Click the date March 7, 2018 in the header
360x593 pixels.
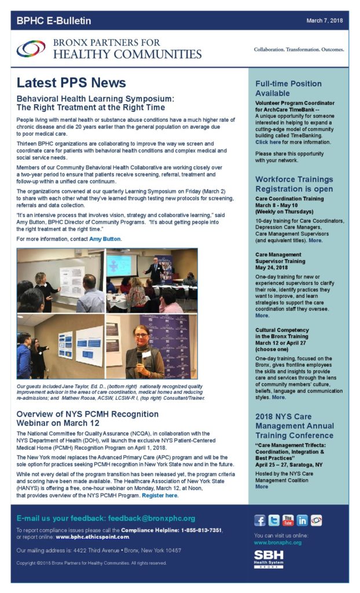pyautogui.click(x=325, y=21)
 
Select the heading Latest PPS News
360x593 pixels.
pyautogui.click(x=71, y=83)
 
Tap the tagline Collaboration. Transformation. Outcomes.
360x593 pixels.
pyautogui.click(x=299, y=49)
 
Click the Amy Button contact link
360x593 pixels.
pyautogui.click(x=105, y=239)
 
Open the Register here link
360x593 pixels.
pyautogui.click(x=159, y=496)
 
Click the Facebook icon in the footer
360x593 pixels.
pyautogui.click(x=260, y=520)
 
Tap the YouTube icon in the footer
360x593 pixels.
pyautogui.click(x=288, y=520)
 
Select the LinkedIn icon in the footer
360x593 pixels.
pyautogui.click(x=302, y=520)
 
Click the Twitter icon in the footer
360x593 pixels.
pyautogui.click(x=274, y=520)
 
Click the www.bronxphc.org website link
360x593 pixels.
pyautogui.click(x=278, y=543)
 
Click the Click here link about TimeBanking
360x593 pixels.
pyautogui.click(x=268, y=142)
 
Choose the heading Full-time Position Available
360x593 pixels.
pyautogui.click(x=288, y=88)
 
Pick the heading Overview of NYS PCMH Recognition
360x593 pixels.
pyautogui.click(x=87, y=414)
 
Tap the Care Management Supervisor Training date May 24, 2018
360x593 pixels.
pyautogui.click(x=274, y=267)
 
